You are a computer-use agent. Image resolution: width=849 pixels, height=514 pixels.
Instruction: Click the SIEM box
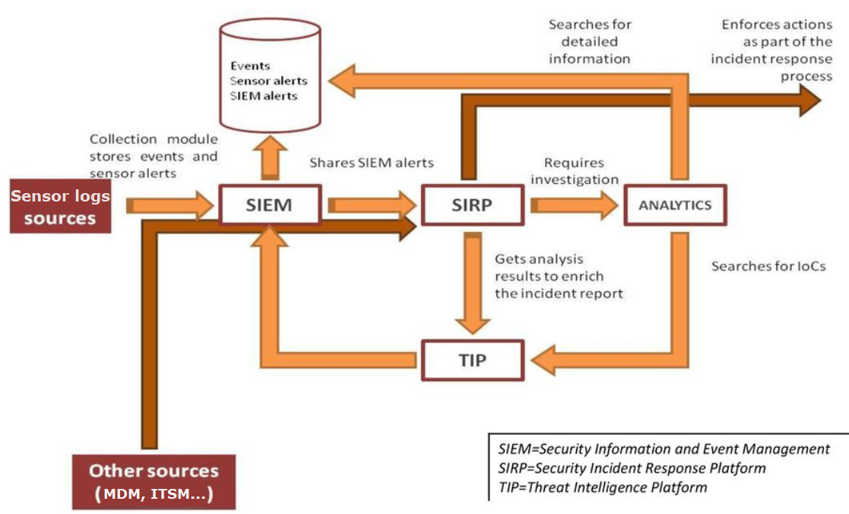click(269, 205)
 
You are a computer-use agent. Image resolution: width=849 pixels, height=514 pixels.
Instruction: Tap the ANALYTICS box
click(674, 205)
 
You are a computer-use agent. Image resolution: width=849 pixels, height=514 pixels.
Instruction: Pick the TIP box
click(473, 360)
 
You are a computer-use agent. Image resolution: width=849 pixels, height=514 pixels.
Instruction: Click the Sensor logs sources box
click(60, 208)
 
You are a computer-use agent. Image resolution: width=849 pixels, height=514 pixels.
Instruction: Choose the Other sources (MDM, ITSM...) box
click(154, 482)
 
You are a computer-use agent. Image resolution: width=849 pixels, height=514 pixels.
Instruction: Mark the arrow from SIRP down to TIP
click(473, 285)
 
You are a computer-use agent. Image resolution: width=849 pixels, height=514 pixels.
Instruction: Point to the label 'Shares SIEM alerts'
click(372, 163)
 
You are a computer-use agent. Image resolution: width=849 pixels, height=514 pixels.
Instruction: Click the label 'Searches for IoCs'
click(768, 267)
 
